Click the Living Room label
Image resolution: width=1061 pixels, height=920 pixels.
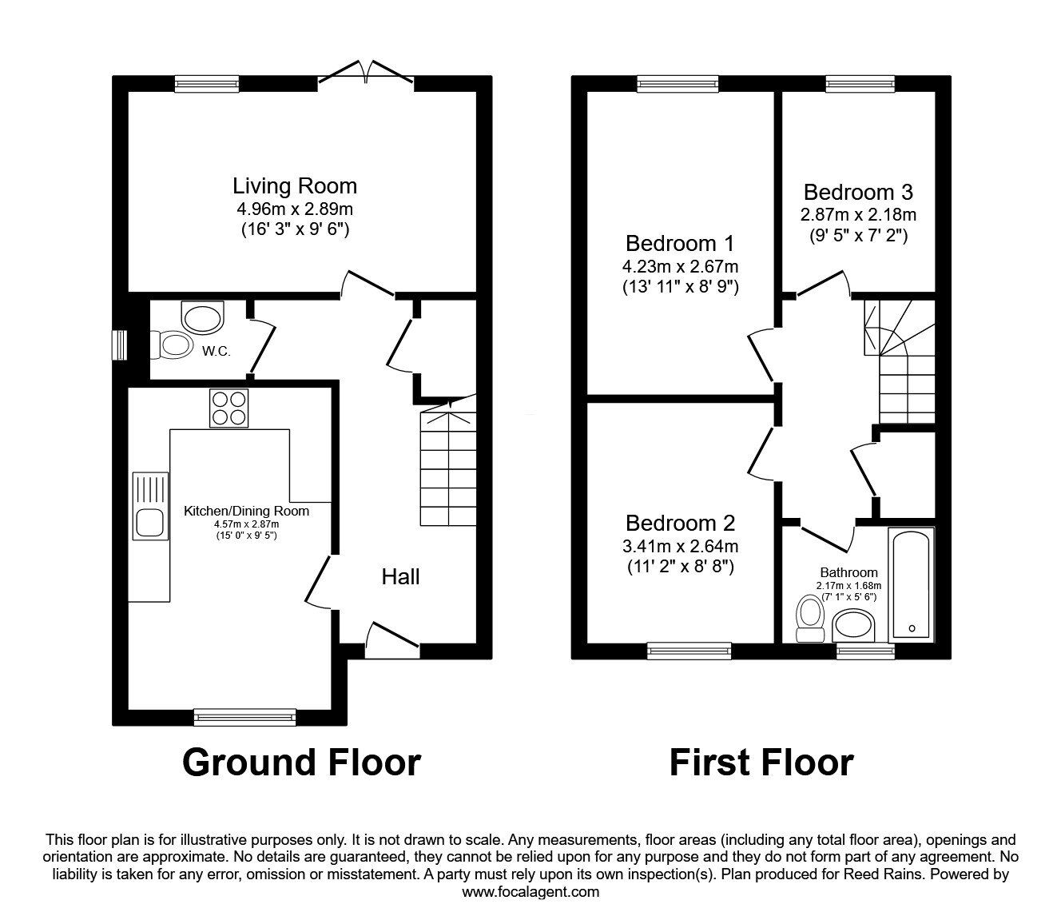click(x=295, y=186)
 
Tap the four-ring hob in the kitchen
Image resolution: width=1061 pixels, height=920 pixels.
click(x=229, y=408)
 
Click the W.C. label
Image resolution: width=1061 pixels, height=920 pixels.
click(x=216, y=352)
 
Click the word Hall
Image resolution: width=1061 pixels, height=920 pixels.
click(x=400, y=577)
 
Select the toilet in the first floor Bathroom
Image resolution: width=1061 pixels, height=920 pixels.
click(x=809, y=618)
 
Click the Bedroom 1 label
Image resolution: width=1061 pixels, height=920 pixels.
click(x=680, y=243)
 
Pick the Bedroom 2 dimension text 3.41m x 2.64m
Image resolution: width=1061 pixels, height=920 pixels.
click(x=680, y=546)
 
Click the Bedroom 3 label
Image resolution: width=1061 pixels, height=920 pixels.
click(x=858, y=192)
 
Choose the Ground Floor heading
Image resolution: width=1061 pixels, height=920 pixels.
click(x=302, y=763)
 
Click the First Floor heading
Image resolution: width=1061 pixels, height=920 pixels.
click(x=761, y=763)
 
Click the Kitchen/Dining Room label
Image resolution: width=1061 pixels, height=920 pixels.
click(x=246, y=511)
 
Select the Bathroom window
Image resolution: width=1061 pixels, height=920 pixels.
click(x=865, y=651)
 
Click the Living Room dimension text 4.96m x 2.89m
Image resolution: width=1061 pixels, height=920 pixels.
click(x=295, y=209)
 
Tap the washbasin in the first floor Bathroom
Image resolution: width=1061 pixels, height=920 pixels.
click(x=852, y=625)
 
